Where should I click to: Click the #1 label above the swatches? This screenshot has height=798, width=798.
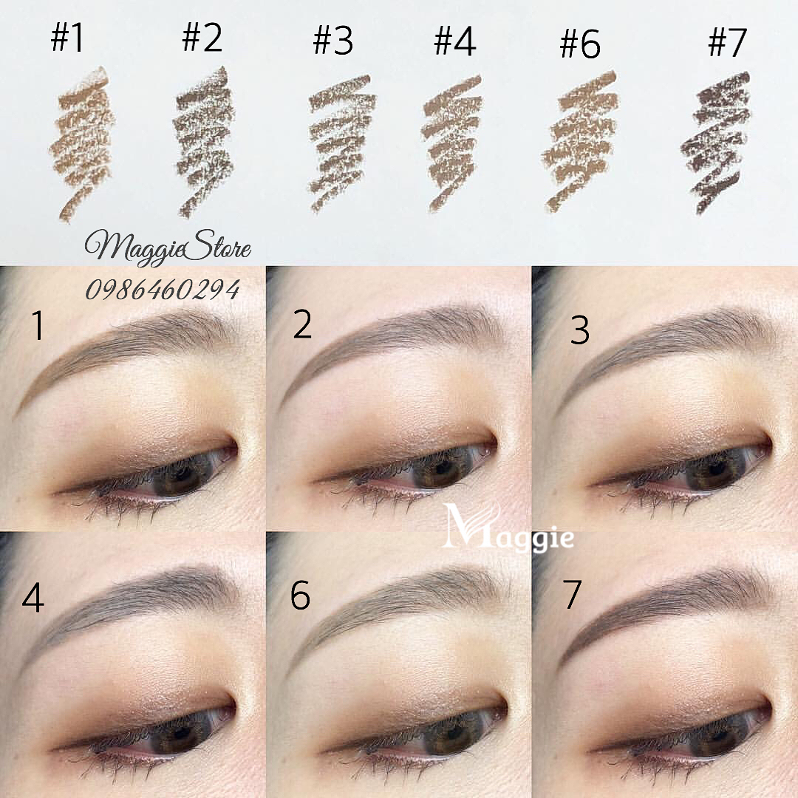pos(67,38)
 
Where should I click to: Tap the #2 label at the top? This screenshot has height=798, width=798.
pos(202,38)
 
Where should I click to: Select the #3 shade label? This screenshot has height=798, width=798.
pos(333,41)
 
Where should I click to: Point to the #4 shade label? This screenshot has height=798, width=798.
pos(455,41)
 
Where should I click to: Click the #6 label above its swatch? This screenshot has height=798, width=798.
pos(580,44)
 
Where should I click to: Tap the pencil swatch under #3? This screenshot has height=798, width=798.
pos(342,144)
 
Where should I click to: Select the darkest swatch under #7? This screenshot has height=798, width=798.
pos(716,143)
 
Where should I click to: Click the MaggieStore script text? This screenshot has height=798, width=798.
pos(168,248)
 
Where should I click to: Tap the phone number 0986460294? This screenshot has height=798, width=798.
pos(163,290)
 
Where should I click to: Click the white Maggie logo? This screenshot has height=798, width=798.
pos(509,528)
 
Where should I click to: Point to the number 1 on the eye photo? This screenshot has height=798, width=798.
pos(38,325)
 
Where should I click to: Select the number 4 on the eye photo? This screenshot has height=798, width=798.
pos(33,598)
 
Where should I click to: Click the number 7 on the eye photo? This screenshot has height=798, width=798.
pos(572,593)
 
